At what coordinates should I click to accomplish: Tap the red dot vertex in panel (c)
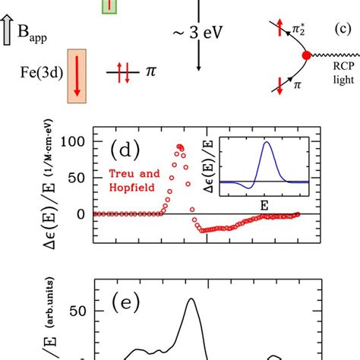click(x=306, y=56)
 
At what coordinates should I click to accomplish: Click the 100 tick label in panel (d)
click(x=74, y=141)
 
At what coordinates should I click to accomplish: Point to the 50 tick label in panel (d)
click(x=78, y=178)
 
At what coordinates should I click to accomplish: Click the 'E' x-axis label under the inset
click(x=267, y=204)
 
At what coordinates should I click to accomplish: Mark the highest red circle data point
click(x=180, y=147)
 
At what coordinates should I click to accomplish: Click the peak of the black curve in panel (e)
click(x=191, y=299)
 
